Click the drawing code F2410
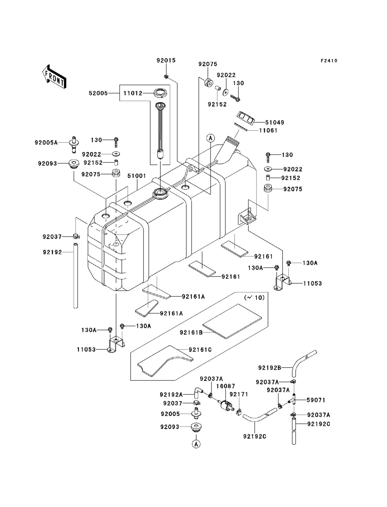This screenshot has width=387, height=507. pos(329,61)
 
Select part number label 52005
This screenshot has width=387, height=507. pos(98,93)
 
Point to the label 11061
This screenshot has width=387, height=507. pos(268,131)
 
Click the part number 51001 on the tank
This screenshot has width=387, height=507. pos(137,175)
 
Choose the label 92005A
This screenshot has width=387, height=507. pos(46,143)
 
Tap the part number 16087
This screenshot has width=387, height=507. pos(224,387)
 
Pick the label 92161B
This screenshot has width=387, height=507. pos(191,332)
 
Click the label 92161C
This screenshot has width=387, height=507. pos(200,350)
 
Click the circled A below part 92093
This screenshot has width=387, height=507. pos(196,444)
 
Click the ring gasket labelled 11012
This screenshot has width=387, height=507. pos(160,93)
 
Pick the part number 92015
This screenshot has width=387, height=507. pos(166,61)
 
